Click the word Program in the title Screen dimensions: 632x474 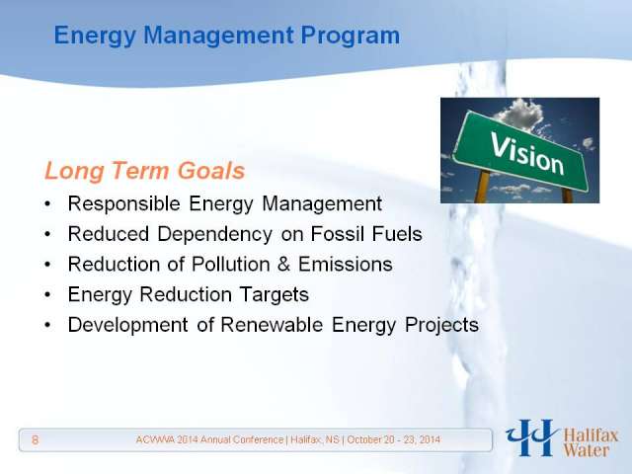[351, 36]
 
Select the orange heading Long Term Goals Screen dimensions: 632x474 [145, 171]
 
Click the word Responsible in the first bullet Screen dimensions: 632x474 [123, 203]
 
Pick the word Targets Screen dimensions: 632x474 [275, 294]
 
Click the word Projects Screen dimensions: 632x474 [441, 326]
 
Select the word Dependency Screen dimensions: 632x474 [215, 235]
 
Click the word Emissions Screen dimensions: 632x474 [345, 265]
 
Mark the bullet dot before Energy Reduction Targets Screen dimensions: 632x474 [48, 295]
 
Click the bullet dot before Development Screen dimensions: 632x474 [48, 325]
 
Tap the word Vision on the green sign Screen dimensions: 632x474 [526, 154]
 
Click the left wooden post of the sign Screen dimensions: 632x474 [483, 187]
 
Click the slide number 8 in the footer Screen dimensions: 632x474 [36, 439]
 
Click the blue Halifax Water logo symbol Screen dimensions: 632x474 [532, 437]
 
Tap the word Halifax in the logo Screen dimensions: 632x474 [591, 436]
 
